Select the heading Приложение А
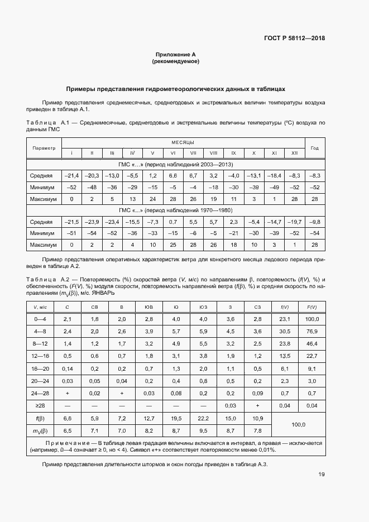pos(176,55)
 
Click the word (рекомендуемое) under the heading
pos(176,61)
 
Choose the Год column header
pos(315,148)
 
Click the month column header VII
pos(193,153)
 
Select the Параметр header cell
pos(44,148)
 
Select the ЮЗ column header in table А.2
pos(203,307)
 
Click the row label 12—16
pos(42,356)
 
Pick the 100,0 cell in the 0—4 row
pos(312,319)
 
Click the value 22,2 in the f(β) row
pos(203,418)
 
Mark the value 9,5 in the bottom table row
pos(203,431)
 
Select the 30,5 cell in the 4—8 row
pos(285,331)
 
